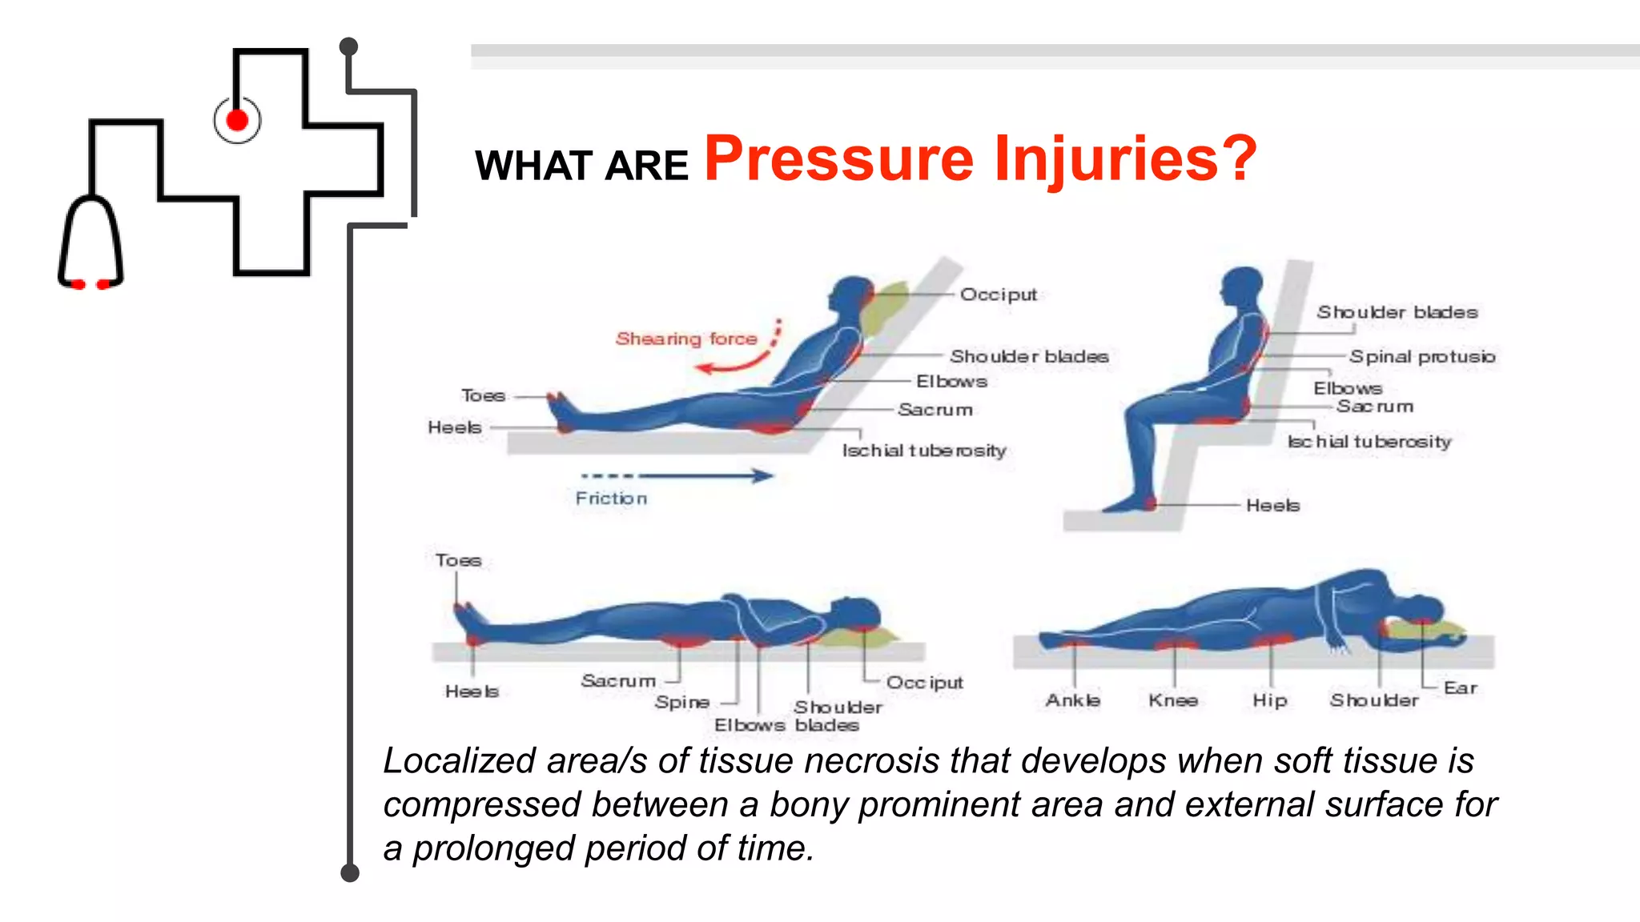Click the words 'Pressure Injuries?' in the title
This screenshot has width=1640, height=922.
980,159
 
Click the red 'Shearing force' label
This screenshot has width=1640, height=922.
685,339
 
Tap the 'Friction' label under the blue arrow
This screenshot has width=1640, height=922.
611,499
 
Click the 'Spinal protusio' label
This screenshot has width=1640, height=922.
1421,356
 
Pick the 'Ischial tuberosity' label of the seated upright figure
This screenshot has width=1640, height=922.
1369,442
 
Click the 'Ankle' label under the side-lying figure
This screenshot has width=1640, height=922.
1072,700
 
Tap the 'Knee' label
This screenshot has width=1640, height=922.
1172,700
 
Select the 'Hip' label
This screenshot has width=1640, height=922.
1270,700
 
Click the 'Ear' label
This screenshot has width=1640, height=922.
1460,688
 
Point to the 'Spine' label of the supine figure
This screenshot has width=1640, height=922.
681,702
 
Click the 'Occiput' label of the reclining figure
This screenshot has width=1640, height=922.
998,295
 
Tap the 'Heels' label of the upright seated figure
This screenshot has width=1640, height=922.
1272,505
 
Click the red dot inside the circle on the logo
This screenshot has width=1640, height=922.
237,120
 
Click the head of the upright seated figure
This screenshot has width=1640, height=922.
1242,286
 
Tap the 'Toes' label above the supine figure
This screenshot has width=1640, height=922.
458,560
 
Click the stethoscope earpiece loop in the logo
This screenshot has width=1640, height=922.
90,240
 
